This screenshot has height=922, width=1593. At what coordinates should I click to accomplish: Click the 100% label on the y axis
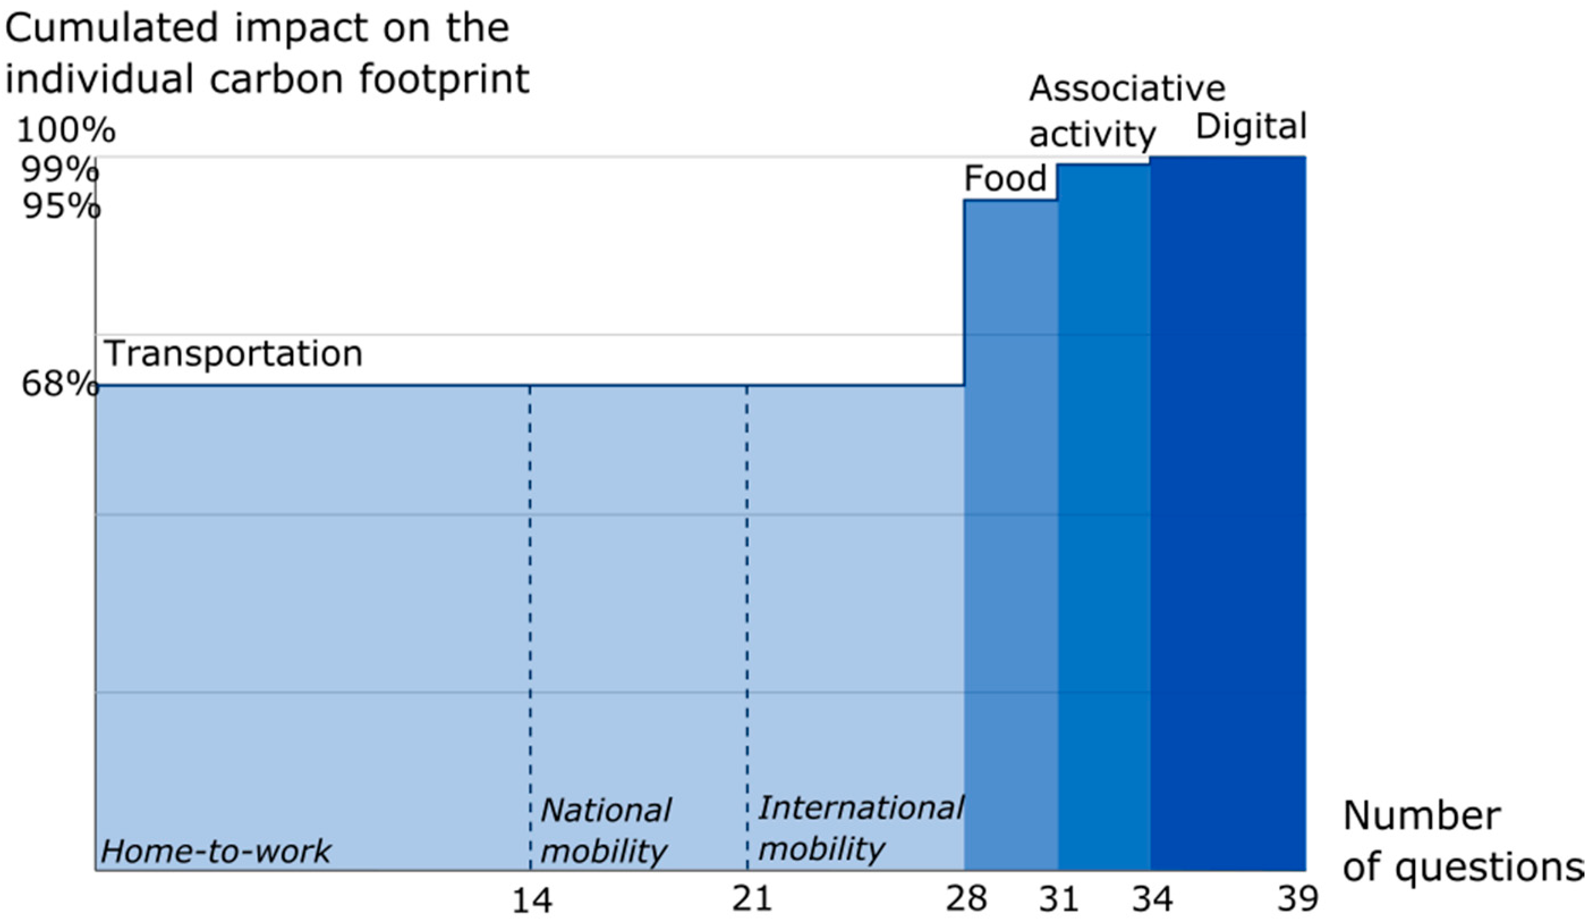(66, 131)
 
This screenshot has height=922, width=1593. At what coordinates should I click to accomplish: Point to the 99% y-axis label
(60, 170)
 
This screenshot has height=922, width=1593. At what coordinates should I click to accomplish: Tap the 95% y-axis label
(61, 206)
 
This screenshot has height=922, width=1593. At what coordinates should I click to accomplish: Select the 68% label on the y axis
(60, 383)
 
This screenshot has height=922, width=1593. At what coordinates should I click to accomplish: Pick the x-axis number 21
(752, 899)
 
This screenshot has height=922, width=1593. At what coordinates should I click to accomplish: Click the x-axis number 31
(1059, 899)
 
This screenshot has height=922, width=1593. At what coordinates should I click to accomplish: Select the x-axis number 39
(1297, 899)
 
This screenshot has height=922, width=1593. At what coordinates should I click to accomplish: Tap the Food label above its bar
(1005, 179)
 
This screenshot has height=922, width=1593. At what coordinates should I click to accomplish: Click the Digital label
(1250, 126)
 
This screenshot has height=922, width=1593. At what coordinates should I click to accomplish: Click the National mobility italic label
(606, 830)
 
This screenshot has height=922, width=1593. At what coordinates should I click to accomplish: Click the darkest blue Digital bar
(1227, 506)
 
